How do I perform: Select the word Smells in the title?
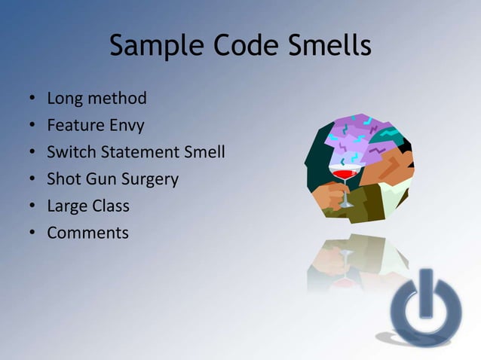pos(326,46)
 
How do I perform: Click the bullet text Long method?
pos(97,98)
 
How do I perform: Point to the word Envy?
pos(125,125)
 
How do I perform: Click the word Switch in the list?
pos(71,152)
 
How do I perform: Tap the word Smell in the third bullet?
pos(204,152)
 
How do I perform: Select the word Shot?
pos(63,179)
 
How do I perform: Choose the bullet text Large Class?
pos(88,206)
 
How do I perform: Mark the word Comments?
pos(87,233)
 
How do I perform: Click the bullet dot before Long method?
pos(32,99)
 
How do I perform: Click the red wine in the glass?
pos(344,174)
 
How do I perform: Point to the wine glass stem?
pos(345,194)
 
